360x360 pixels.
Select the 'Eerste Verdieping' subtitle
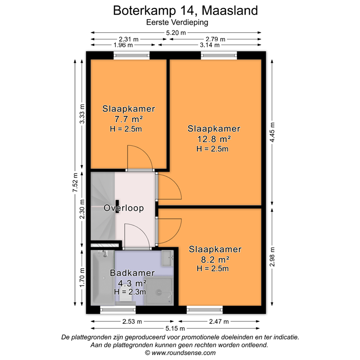(180, 22)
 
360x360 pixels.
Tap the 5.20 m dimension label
(176, 33)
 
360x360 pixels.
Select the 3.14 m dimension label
(209, 45)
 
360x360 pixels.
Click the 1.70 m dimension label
(82, 277)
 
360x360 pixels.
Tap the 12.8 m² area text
(214, 139)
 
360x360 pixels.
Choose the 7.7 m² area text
(128, 119)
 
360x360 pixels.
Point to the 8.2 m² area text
(215, 259)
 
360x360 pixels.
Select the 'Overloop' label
(124, 208)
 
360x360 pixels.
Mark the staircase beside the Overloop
(102, 206)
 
